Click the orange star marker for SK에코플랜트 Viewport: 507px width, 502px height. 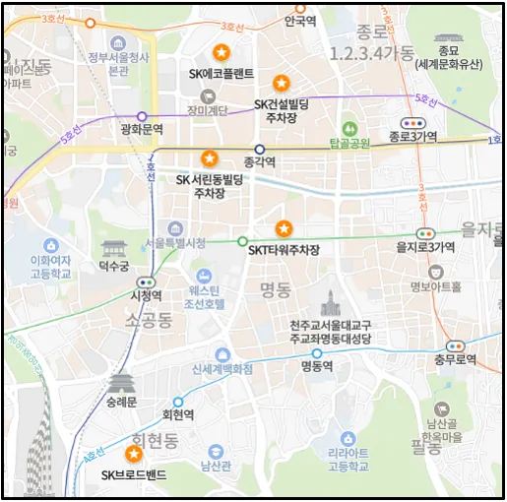222,52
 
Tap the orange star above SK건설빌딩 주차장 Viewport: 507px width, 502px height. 282,82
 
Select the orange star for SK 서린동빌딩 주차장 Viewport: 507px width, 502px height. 209,157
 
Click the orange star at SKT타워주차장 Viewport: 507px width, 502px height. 284,228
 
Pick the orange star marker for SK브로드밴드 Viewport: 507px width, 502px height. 134,453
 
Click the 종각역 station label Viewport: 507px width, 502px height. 259,163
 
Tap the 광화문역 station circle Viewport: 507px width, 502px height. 142,116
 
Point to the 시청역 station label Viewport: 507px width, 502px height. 146,295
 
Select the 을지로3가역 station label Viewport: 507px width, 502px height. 424,247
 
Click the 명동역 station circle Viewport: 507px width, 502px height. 317,352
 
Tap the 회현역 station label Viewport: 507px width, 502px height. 177,415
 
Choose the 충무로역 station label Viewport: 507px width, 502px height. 454,360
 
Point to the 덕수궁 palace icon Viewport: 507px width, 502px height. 115,249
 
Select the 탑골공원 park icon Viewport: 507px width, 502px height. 349,129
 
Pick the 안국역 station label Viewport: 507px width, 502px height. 299,20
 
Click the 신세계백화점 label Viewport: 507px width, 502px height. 222,368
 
